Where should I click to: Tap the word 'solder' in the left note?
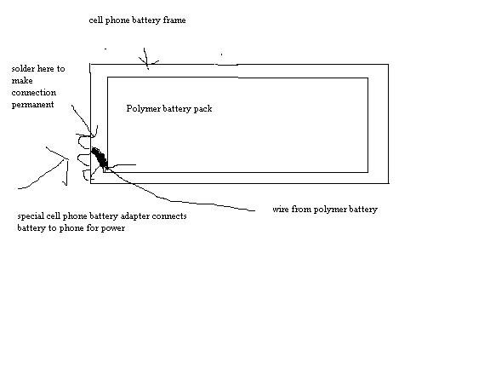point(23,68)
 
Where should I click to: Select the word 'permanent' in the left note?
point(33,105)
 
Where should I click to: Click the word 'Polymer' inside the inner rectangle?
point(141,108)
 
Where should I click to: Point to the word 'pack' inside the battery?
point(203,108)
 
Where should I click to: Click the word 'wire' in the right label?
point(281,209)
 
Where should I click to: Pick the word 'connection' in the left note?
point(34,93)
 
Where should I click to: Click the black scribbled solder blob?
point(100,158)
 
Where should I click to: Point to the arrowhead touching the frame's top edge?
point(147,64)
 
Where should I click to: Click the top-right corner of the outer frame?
point(389,65)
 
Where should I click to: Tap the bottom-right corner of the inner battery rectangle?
point(367,172)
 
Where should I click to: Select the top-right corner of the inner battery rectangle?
point(367,78)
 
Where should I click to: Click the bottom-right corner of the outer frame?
point(389,183)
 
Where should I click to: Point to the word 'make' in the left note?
point(22,81)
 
